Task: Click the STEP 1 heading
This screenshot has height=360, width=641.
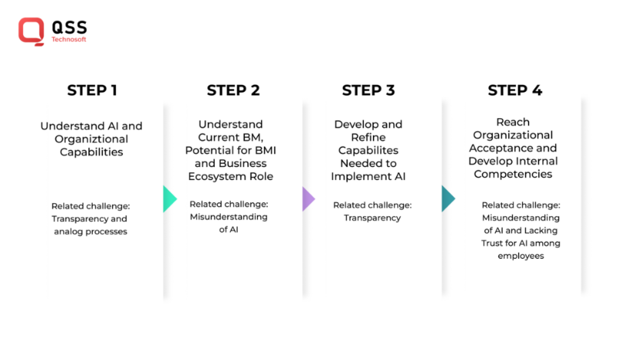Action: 92,90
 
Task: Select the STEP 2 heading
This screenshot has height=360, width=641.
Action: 232,90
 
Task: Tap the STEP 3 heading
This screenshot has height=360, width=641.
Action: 368,90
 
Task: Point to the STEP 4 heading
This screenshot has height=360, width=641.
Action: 514,90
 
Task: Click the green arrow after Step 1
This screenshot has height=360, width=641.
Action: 169,199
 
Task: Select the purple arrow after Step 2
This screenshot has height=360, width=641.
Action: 308,199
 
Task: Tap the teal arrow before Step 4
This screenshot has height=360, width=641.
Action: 448,199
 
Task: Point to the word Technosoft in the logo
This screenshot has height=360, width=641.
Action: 69,39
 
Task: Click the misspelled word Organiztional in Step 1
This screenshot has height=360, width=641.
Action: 92,139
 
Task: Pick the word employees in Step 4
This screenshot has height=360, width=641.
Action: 521,256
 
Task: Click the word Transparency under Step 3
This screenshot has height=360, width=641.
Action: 372,218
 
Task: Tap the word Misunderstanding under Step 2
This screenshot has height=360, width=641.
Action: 229,217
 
